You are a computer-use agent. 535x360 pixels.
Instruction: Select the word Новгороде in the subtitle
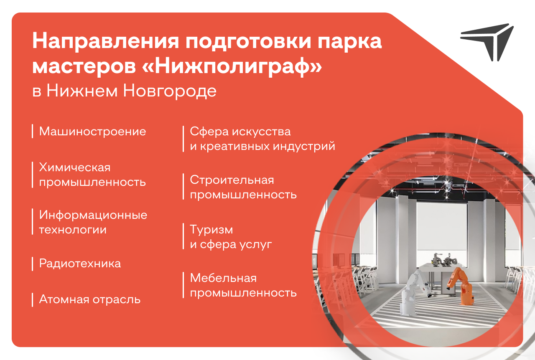170,91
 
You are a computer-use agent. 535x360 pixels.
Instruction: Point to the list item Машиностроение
92,131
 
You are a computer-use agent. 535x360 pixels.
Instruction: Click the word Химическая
75,167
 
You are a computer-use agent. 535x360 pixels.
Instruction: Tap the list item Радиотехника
80,264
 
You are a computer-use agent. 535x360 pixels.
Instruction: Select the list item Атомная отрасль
90,299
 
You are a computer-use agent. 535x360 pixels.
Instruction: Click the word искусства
262,132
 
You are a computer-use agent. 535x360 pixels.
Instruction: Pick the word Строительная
232,180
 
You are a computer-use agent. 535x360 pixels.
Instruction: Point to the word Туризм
211,230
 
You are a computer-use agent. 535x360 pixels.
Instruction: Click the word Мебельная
223,278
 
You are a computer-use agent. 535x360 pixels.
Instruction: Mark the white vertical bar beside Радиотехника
32,264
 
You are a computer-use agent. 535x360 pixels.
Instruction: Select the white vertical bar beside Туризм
183,236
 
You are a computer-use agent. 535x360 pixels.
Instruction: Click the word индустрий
304,146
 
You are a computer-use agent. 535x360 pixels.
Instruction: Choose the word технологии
73,230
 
